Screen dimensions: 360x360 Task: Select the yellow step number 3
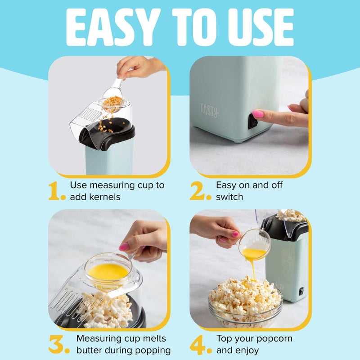pyautogui.click(x=58, y=344)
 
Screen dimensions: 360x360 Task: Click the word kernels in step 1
pyautogui.click(x=105, y=197)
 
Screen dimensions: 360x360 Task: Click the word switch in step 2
pyautogui.click(x=229, y=197)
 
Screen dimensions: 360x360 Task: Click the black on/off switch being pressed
pyautogui.click(x=253, y=121)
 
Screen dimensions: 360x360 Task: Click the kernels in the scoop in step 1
pyautogui.click(x=112, y=101)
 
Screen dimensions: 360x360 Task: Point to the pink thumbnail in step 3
pyautogui.click(x=124, y=247)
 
